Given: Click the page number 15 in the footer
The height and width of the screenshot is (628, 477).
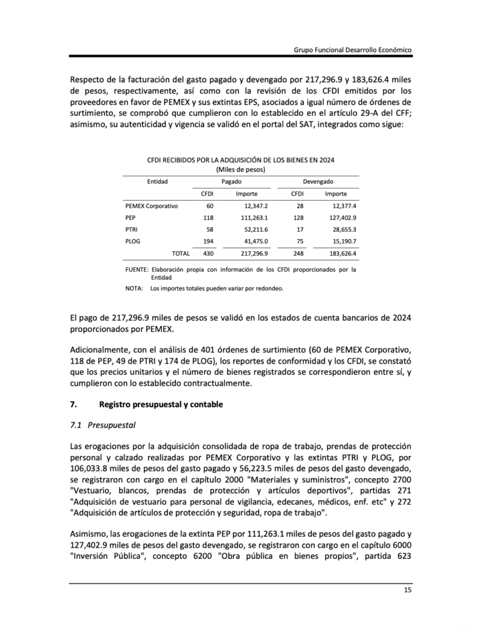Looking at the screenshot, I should pyautogui.click(x=407, y=591).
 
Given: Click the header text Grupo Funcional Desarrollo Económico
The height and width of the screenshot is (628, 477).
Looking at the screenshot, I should pyautogui.click(x=352, y=49).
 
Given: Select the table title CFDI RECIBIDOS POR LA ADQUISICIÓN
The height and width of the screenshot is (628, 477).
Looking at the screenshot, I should pyautogui.click(x=240, y=160).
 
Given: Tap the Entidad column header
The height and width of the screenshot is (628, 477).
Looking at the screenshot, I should pyautogui.click(x=158, y=182).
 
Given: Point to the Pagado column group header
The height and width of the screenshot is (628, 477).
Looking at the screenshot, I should pyautogui.click(x=231, y=182).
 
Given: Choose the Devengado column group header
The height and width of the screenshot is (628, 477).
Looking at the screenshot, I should pyautogui.click(x=318, y=182).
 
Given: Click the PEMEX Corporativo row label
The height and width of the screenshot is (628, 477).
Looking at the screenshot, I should pyautogui.click(x=151, y=206).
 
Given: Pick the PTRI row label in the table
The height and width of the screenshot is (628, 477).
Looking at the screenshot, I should pyautogui.click(x=131, y=229).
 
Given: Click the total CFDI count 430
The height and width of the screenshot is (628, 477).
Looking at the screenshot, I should pyautogui.click(x=208, y=253).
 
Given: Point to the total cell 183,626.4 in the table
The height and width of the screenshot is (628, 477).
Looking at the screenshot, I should pyautogui.click(x=342, y=253).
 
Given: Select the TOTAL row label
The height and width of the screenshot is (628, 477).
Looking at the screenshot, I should pyautogui.click(x=181, y=253).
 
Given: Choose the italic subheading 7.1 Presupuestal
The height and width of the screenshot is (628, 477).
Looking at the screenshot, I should pyautogui.click(x=102, y=424).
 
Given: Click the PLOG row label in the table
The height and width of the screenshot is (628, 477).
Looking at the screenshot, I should pyautogui.click(x=132, y=241).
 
